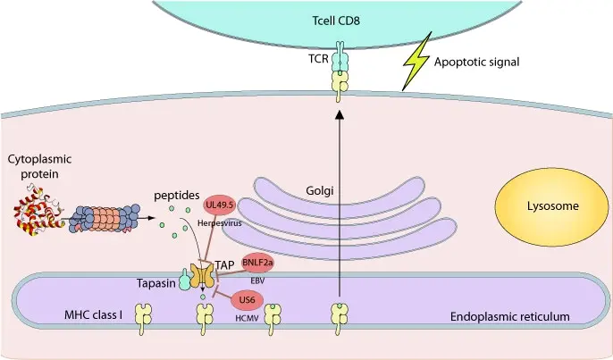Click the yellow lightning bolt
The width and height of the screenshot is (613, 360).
coord(416,62)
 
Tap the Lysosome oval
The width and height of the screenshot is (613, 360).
coord(552,206)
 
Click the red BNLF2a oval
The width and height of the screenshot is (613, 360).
coord(257,263)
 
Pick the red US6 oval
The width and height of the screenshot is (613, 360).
coord(247,300)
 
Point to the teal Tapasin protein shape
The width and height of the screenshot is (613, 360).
coord(184,280)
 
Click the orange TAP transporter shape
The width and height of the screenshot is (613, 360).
coord(202,275)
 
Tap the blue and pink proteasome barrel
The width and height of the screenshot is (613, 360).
coord(105,219)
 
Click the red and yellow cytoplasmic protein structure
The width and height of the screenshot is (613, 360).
coord(39,212)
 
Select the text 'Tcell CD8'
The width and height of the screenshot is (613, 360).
coord(336,21)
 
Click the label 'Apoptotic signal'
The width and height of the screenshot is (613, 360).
coord(476,62)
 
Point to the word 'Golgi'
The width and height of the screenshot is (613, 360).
coord(319,191)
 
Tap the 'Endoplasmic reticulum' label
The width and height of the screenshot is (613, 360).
coord(509,316)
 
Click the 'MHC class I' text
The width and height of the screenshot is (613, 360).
coord(94,314)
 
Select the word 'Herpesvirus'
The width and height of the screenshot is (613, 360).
coord(219,223)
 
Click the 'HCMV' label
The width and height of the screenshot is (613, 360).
coord(247,318)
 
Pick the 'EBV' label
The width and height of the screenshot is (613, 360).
coord(257,280)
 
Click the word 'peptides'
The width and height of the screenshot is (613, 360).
coord(177,196)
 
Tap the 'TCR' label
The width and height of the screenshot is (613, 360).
coord(318,59)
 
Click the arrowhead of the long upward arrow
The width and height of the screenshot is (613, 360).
coord(340,114)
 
